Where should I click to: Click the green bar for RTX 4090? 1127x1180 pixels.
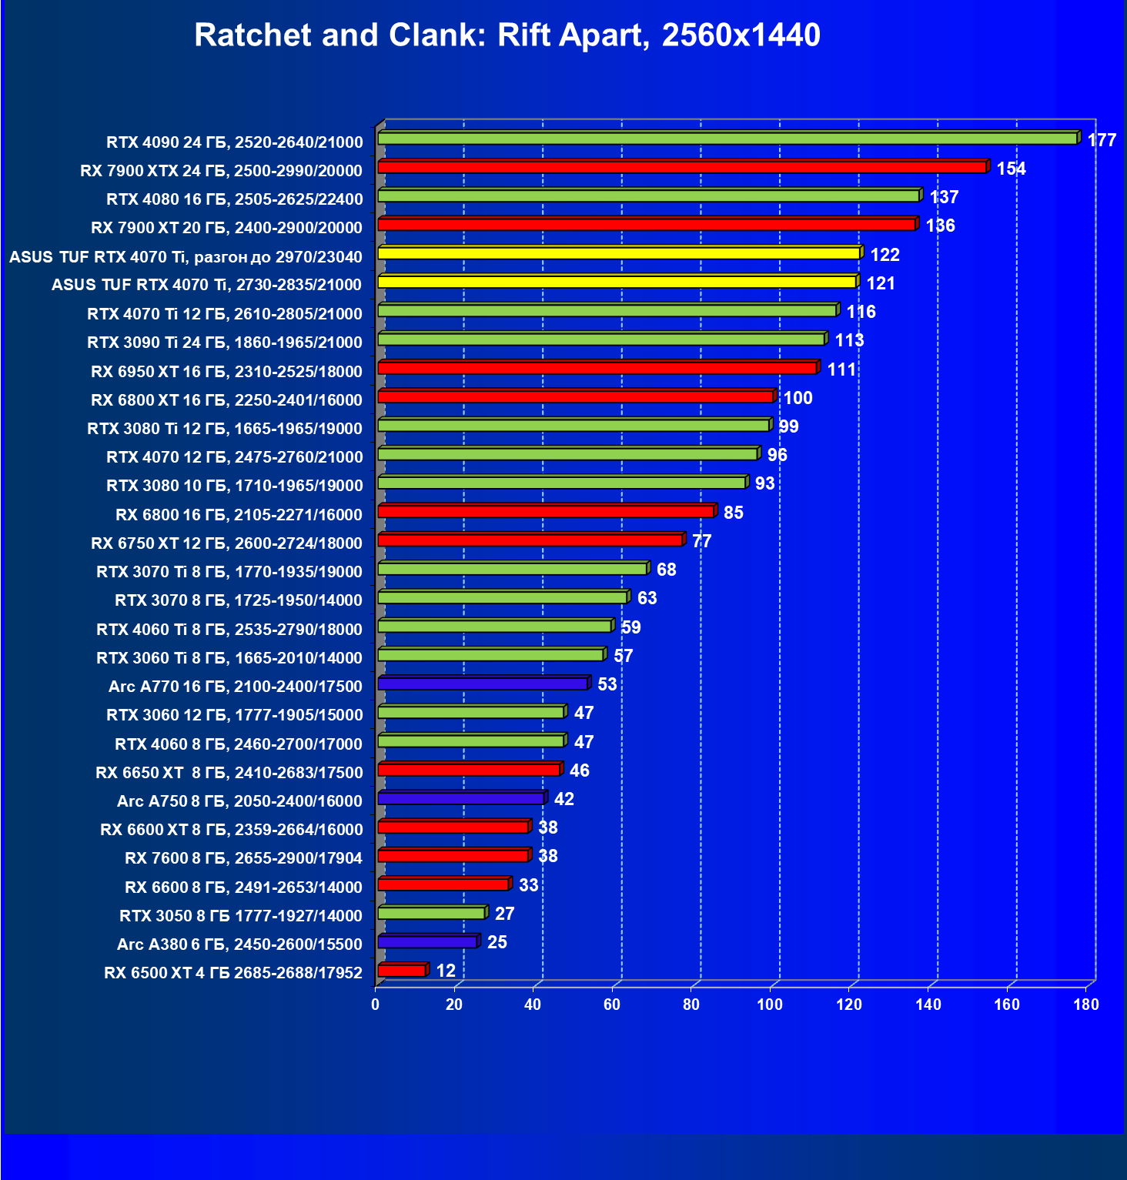[727, 139]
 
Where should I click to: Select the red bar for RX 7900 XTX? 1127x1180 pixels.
[682, 167]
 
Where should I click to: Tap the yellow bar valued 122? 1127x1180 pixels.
[619, 253]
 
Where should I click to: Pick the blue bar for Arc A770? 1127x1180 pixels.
[483, 684]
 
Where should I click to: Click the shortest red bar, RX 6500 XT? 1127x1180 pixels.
[402, 971]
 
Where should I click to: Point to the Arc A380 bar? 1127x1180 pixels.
[427, 942]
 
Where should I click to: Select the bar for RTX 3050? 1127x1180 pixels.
[431, 913]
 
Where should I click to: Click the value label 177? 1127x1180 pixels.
[1102, 140]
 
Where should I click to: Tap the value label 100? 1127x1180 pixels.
[798, 398]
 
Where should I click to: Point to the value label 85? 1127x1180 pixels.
[733, 513]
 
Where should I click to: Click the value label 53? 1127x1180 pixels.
[607, 684]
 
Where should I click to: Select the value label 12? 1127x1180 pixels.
[446, 971]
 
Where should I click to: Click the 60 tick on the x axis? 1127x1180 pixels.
[612, 1005]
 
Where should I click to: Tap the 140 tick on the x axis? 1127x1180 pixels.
[928, 1005]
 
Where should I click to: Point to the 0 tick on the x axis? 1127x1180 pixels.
[376, 1005]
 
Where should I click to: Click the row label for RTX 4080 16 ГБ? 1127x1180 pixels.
[234, 199]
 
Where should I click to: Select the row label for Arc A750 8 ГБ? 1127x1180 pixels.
[239, 801]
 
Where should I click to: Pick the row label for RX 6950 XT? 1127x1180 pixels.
[226, 372]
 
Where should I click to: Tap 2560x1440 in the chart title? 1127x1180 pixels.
[741, 35]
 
